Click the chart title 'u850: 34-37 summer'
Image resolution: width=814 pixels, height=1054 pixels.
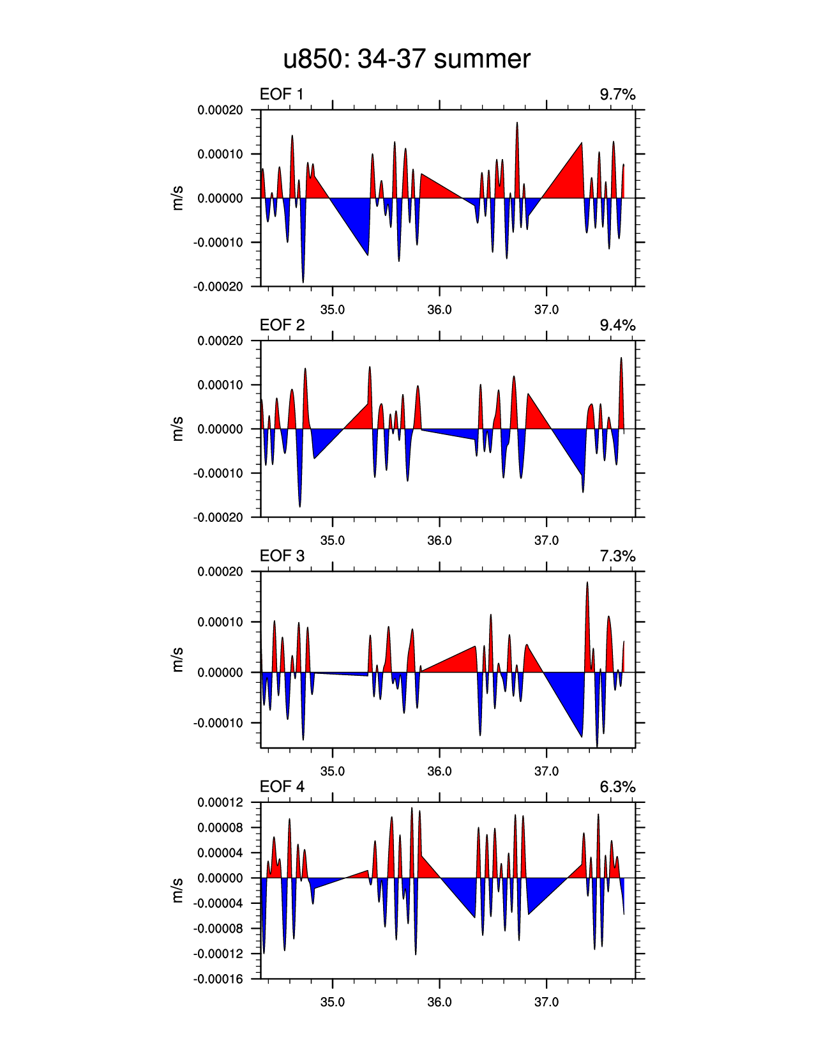point(407,59)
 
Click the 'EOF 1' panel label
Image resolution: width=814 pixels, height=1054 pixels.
point(282,95)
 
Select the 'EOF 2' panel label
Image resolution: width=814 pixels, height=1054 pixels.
point(282,325)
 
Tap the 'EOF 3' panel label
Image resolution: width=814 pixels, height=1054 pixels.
point(282,556)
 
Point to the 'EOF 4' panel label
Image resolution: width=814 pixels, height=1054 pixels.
point(282,786)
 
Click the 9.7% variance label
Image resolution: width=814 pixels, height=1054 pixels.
point(617,95)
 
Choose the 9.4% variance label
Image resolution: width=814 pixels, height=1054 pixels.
point(617,325)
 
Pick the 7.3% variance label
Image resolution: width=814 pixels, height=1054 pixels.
point(617,556)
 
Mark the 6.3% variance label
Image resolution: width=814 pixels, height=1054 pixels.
point(617,786)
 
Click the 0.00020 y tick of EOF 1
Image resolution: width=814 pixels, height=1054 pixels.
point(220,110)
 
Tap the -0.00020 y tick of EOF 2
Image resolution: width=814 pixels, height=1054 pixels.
point(218,517)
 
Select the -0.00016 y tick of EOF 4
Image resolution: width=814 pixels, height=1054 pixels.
point(218,979)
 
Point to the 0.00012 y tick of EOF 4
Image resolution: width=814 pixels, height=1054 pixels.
point(220,802)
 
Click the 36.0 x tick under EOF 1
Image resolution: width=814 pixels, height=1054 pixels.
point(439,310)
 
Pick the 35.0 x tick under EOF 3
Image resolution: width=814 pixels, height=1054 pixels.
point(332,771)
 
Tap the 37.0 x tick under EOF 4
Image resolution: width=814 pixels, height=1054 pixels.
point(546,1002)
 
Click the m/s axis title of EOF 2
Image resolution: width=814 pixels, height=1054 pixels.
point(178,429)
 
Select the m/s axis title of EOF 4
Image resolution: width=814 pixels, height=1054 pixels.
point(178,890)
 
